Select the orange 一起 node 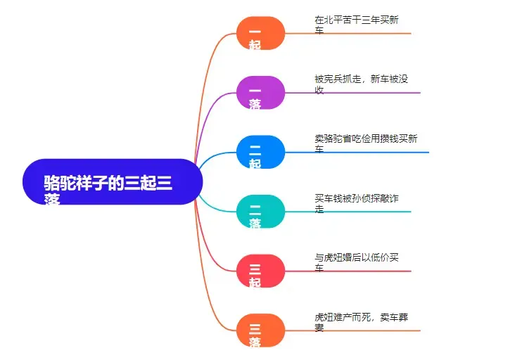click(x=260, y=33)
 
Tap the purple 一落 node click(x=260, y=92)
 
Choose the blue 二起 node click(x=260, y=152)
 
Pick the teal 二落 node click(x=260, y=212)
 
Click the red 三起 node click(x=260, y=271)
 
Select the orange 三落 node click(x=260, y=330)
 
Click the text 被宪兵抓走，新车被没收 click(x=361, y=84)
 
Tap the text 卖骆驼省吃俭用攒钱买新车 click(x=366, y=143)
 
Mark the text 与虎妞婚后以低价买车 click(x=357, y=262)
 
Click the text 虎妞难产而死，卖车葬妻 click(x=361, y=322)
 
